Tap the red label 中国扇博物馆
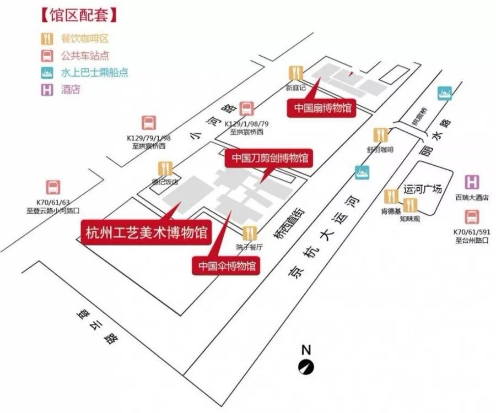click(x=321, y=107)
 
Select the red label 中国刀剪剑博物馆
click(x=269, y=158)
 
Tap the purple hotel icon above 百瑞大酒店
click(x=472, y=182)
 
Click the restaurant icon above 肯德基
click(x=391, y=196)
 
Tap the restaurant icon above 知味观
click(x=409, y=205)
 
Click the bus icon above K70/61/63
click(x=53, y=187)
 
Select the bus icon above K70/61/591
click(x=472, y=217)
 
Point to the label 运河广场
click(x=423, y=189)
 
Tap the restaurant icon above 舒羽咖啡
click(x=380, y=134)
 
